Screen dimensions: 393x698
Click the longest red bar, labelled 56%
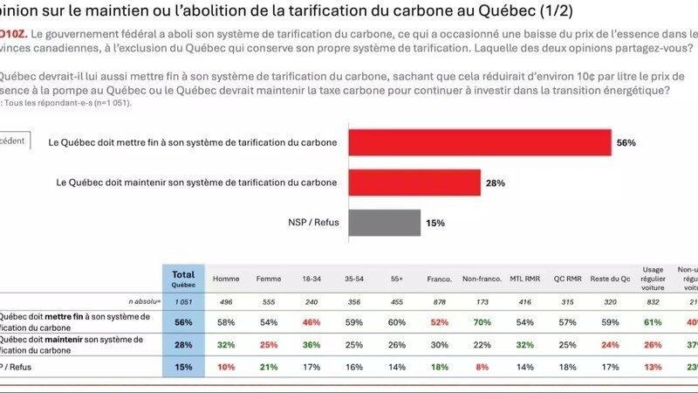[480, 141]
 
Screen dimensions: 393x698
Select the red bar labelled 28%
[414, 183]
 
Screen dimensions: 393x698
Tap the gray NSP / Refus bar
[385, 223]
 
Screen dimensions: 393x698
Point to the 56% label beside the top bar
[626, 142]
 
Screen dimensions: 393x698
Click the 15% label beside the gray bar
[435, 224]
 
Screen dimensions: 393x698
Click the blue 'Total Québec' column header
[183, 279]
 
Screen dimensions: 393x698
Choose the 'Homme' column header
[226, 279]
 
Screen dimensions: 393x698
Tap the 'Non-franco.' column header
[482, 279]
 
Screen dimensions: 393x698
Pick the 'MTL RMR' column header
[523, 279]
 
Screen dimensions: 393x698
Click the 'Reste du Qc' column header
[609, 279]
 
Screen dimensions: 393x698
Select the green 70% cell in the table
[482, 322]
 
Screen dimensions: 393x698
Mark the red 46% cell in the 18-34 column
[311, 322]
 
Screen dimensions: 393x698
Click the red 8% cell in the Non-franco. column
[482, 368]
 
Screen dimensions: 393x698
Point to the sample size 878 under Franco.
[439, 301]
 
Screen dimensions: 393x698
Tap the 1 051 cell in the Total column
[183, 301]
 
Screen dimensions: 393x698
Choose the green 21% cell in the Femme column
[269, 368]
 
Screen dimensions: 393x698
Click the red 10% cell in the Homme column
[226, 368]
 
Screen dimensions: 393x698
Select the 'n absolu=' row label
[140, 301]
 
